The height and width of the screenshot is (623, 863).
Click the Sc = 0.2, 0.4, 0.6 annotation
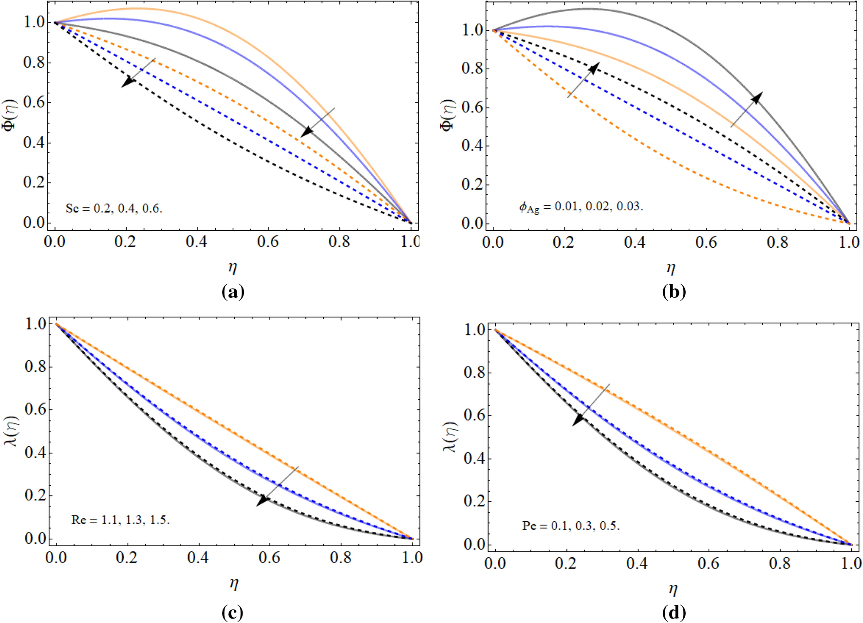click(x=114, y=209)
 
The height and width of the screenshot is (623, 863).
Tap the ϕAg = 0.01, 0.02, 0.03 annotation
click(x=581, y=207)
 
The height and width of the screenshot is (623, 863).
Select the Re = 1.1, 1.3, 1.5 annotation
click(x=120, y=520)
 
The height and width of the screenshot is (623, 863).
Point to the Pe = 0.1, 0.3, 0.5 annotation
click(x=571, y=526)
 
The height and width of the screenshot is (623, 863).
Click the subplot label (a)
click(x=233, y=292)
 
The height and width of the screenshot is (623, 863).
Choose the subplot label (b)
click(x=674, y=292)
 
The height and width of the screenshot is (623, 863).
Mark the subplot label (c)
click(x=232, y=612)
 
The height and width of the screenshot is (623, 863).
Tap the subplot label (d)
click(x=674, y=612)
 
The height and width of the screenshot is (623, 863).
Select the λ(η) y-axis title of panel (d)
click(x=451, y=437)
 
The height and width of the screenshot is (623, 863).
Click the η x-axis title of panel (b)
click(x=671, y=268)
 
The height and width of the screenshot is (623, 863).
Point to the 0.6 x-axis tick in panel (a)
click(x=268, y=241)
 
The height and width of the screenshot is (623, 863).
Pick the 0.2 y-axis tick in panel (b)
click(x=471, y=184)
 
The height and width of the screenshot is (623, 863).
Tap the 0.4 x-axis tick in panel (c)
click(x=198, y=557)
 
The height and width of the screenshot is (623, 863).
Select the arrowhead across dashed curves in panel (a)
click(x=128, y=81)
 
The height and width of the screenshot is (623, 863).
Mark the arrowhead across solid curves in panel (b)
click(x=756, y=98)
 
